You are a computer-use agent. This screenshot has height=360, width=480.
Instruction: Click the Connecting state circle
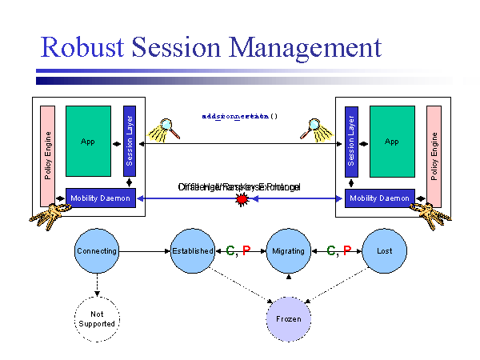click(x=96, y=250)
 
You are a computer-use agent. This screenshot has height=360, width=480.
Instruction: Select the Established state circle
click(x=193, y=250)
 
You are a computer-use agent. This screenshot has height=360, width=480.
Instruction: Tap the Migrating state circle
click(x=288, y=250)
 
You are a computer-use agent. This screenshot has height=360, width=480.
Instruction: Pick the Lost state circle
click(x=384, y=250)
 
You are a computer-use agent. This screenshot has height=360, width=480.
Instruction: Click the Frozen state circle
click(x=288, y=318)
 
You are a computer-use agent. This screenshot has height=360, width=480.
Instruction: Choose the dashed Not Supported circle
click(x=96, y=318)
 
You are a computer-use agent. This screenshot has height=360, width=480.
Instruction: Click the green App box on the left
click(x=88, y=141)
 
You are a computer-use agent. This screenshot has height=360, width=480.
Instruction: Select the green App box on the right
click(x=391, y=141)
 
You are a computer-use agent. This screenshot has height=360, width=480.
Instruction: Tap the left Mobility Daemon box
click(x=100, y=198)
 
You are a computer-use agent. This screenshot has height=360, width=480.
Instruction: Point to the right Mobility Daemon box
click(x=379, y=198)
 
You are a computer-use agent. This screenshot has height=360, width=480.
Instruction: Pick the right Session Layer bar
click(x=350, y=141)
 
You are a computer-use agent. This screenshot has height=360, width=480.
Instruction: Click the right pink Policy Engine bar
click(x=434, y=155)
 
